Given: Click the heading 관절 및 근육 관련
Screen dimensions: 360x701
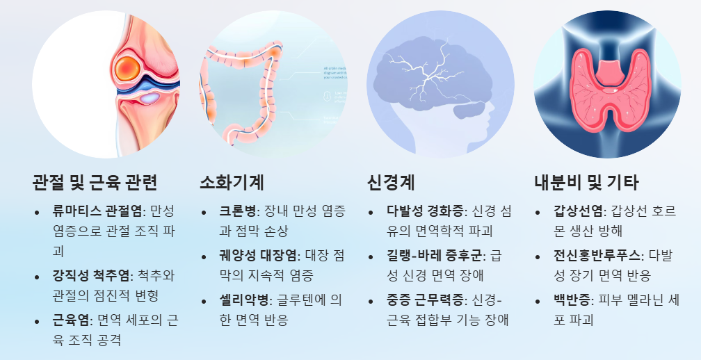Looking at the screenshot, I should coord(95,182).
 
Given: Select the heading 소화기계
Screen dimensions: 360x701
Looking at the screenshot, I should coord(232,182).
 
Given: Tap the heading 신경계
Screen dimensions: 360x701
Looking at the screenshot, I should coord(391,182).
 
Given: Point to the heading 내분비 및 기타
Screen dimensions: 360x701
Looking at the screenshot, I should coord(586,182).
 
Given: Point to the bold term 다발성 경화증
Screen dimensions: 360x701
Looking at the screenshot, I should coord(426,211).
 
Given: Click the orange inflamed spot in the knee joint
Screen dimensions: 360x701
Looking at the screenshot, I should coord(127,67).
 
